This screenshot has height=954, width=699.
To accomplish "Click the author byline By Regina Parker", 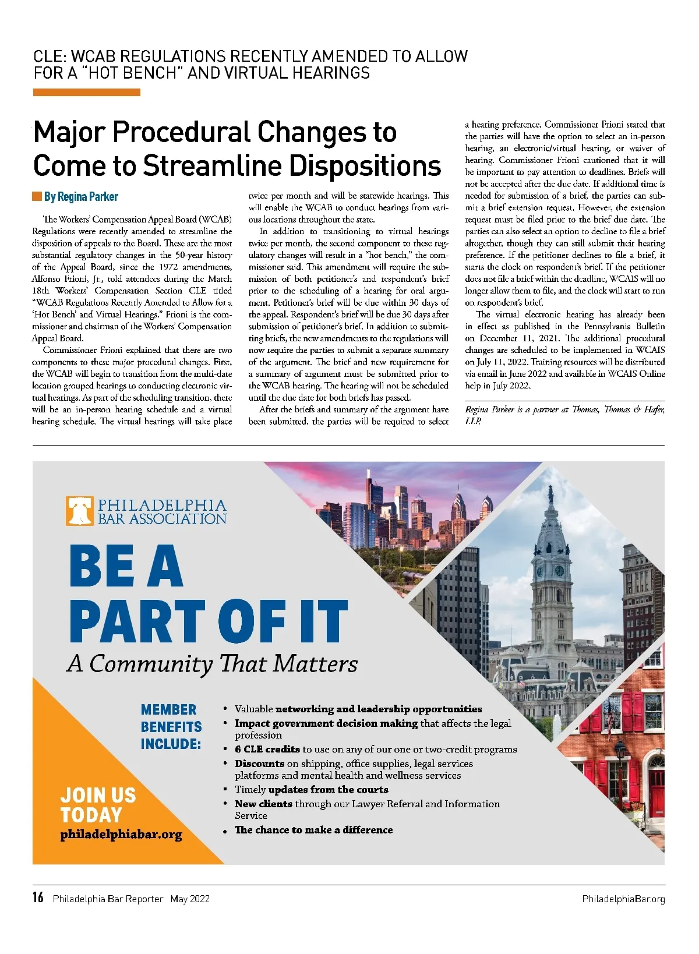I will click(80, 197).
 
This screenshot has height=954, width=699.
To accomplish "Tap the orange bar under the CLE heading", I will click(87, 92).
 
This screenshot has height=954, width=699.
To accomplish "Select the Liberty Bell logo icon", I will click(80, 511).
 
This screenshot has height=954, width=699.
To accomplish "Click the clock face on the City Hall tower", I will click(559, 570).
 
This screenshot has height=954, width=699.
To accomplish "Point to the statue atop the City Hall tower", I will click(550, 494).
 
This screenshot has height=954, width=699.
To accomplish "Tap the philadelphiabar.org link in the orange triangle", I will click(121, 834).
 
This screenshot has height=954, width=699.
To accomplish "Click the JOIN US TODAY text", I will click(98, 805).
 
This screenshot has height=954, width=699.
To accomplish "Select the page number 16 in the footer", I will click(38, 898).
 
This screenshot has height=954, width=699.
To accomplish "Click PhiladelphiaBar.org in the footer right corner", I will click(623, 899).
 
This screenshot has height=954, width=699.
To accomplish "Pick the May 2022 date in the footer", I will click(190, 899).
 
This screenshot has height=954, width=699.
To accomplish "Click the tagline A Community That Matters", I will click(213, 663).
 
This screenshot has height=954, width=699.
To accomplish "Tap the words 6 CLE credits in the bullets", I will click(267, 749).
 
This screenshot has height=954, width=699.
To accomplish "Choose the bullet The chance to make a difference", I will click(313, 830).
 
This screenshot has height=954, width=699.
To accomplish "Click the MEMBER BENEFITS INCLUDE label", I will click(171, 726).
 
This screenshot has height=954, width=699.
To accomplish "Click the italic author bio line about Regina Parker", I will click(564, 414).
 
